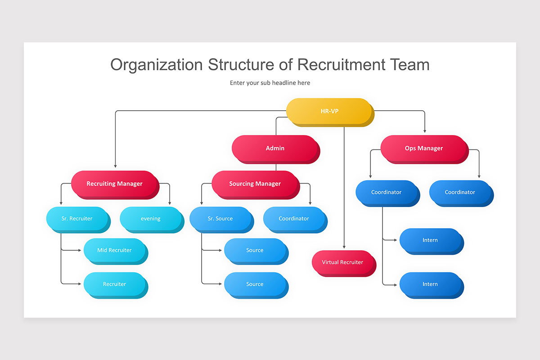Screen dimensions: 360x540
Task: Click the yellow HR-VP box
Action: (329, 111)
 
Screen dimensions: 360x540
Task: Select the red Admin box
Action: (275, 148)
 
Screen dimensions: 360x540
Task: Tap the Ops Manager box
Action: (423, 148)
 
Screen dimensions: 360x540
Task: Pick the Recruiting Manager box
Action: (114, 184)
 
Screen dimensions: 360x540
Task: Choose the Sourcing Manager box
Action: (255, 184)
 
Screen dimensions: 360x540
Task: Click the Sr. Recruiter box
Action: (77, 219)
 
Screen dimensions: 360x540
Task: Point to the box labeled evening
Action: (150, 219)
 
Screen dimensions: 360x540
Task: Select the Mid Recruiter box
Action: (114, 250)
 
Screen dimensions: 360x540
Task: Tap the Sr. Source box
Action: (220, 219)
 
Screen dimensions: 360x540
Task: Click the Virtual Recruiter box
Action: (342, 262)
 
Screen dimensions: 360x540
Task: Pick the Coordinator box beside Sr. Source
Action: (293, 219)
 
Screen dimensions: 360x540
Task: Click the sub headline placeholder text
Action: (270, 83)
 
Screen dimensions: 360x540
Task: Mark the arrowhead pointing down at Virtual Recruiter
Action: (344, 247)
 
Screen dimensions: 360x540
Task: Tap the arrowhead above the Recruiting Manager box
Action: (115, 166)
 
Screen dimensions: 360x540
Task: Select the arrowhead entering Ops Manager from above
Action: (424, 132)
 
